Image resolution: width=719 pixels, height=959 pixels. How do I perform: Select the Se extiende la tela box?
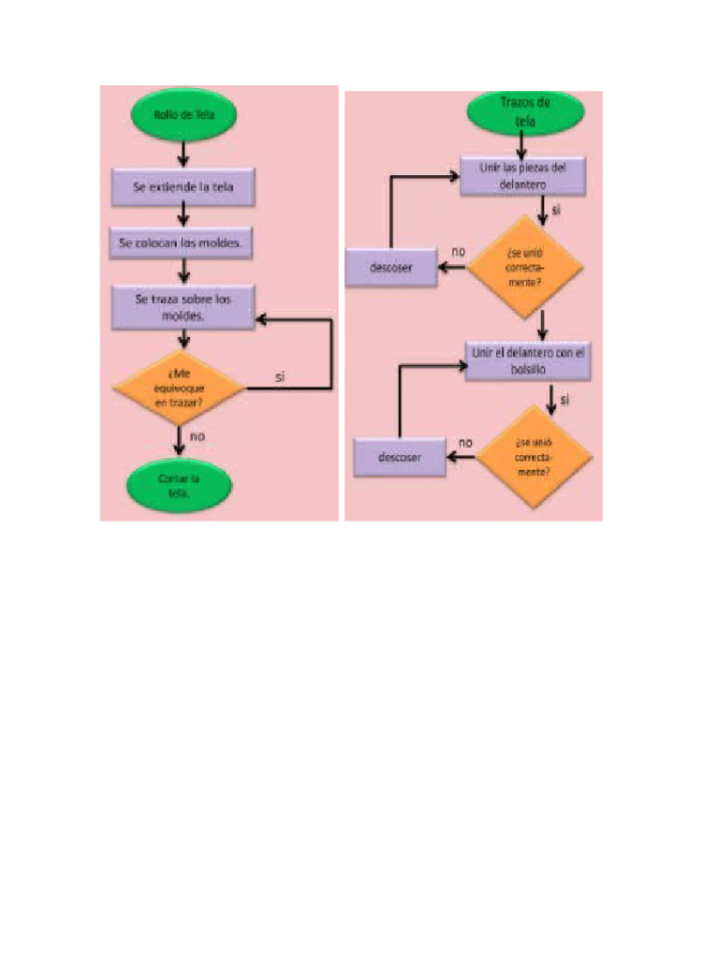tap(183, 186)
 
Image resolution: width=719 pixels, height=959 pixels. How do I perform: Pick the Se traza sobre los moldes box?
tap(183, 307)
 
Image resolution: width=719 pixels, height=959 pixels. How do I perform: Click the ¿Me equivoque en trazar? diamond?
tap(178, 386)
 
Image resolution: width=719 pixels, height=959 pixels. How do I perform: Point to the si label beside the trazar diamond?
tap(280, 376)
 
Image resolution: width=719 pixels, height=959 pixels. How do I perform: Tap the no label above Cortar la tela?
tap(198, 435)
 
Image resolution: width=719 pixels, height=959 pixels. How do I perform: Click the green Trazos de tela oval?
tap(524, 112)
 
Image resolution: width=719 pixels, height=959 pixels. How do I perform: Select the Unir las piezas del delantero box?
tap(523, 176)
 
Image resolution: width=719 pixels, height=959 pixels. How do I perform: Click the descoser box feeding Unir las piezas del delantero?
tap(391, 268)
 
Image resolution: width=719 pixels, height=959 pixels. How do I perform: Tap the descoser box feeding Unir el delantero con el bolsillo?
tap(399, 457)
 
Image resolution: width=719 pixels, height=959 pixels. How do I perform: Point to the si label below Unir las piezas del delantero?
tap(556, 211)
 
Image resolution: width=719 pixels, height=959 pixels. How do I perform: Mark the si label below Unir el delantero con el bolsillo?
tap(565, 399)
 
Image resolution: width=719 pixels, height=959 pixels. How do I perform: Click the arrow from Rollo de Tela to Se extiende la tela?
tap(184, 154)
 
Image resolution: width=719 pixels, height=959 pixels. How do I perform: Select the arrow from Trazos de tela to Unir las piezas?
tap(521, 144)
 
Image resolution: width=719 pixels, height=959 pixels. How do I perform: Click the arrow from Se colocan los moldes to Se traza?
tap(184, 272)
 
